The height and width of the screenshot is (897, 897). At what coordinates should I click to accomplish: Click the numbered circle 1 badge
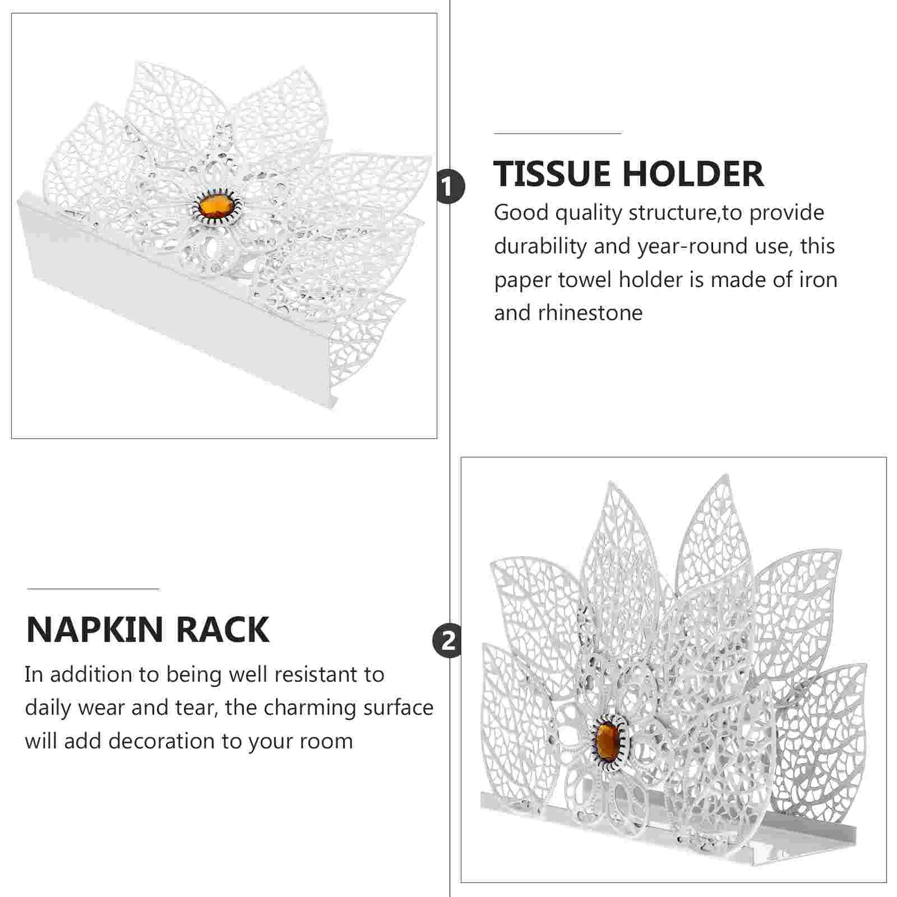click(450, 187)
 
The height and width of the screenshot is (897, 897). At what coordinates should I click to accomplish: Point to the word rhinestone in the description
click(590, 313)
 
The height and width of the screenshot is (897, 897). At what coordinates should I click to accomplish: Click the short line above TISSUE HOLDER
click(558, 133)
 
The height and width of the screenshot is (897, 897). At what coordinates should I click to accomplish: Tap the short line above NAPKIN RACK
click(93, 589)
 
